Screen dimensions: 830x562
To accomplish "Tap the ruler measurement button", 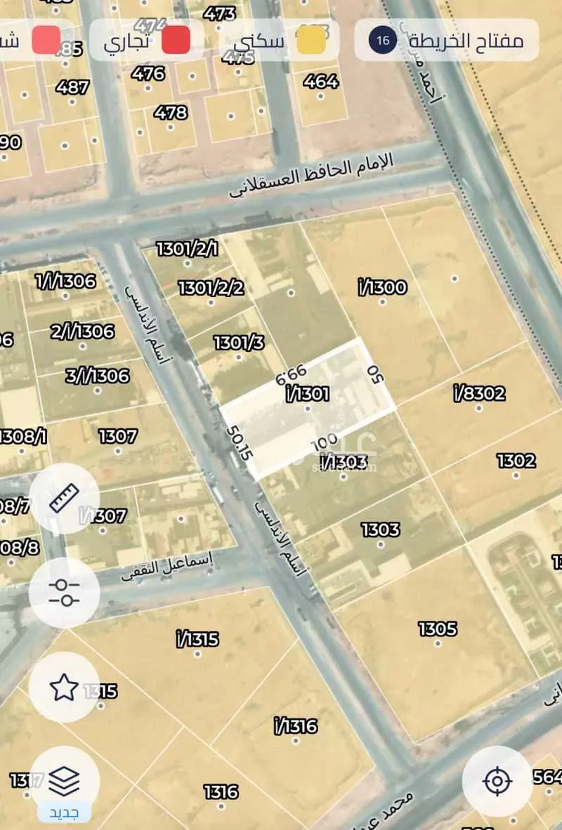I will [64, 499].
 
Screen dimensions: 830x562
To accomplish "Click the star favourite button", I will [64, 687].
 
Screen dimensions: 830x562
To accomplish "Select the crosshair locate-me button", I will [497, 781].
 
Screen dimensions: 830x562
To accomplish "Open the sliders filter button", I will [64, 593].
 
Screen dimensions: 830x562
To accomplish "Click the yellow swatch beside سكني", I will [311, 40].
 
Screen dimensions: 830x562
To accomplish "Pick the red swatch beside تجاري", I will [176, 40].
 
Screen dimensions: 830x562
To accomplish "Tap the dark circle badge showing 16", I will [383, 40].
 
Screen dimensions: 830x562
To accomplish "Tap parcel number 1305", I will [438, 628].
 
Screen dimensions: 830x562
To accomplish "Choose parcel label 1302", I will [516, 461].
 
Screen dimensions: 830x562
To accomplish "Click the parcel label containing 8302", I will [480, 393].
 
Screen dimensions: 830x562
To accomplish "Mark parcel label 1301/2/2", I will [211, 288].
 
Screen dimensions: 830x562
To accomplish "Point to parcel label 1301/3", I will [239, 342].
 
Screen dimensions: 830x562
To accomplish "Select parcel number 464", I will [320, 81].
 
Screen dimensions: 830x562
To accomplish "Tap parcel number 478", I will [171, 112].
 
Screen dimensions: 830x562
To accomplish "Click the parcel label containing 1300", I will [383, 286].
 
